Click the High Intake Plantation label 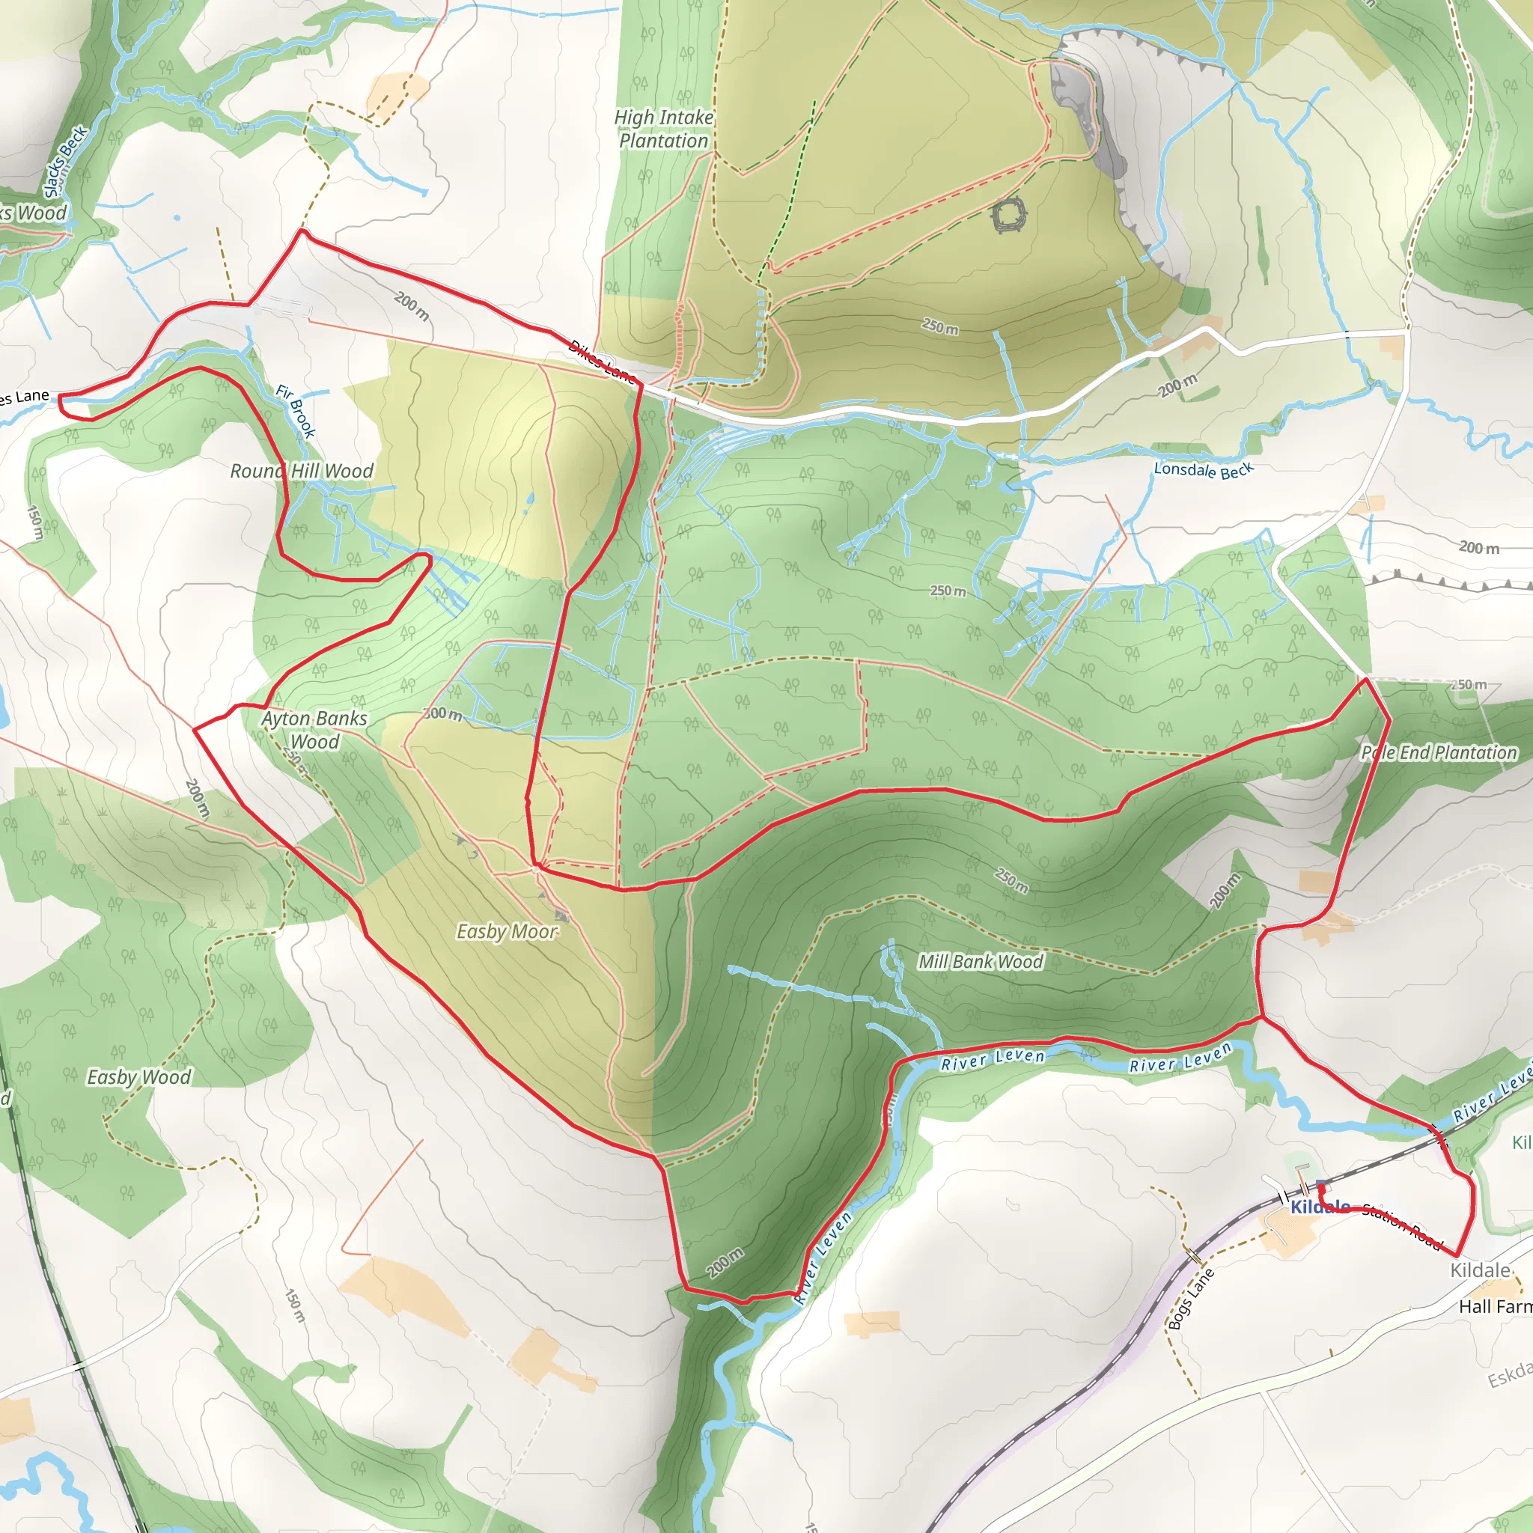(x=663, y=129)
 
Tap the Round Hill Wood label (x=302, y=472)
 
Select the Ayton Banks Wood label (x=315, y=730)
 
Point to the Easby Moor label (x=507, y=931)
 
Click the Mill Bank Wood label (x=981, y=962)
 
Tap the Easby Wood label (x=139, y=1076)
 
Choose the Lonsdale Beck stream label (x=1203, y=470)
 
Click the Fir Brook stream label (x=296, y=411)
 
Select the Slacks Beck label (x=65, y=162)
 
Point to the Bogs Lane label (x=1191, y=1299)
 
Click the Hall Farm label (x=1495, y=1307)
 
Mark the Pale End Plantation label (x=1439, y=752)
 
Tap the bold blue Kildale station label (x=1320, y=1207)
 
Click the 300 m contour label (x=443, y=713)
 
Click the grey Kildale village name (x=1480, y=1270)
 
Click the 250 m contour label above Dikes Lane (x=940, y=326)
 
